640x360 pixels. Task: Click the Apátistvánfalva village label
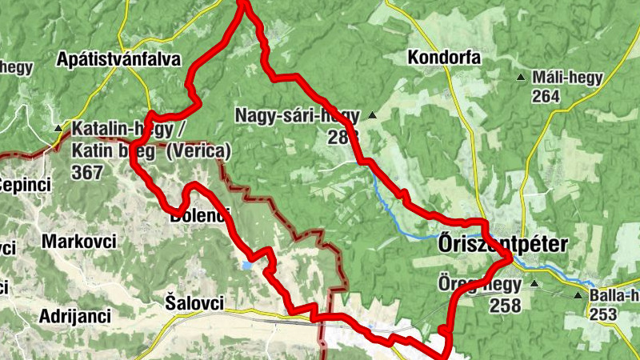click(119, 59)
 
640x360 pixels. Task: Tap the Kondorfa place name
click(443, 58)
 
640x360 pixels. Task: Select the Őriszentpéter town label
click(502, 246)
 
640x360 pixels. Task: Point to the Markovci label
click(79, 242)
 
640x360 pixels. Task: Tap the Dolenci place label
click(199, 214)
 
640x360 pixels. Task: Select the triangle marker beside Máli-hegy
click(522, 78)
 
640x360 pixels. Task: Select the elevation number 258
click(506, 305)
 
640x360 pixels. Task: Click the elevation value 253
click(602, 314)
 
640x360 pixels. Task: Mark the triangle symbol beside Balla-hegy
click(578, 295)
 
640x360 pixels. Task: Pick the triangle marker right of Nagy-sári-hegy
click(372, 116)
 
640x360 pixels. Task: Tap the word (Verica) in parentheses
click(199, 150)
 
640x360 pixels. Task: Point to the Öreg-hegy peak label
click(479, 284)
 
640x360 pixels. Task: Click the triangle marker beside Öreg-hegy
click(534, 284)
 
